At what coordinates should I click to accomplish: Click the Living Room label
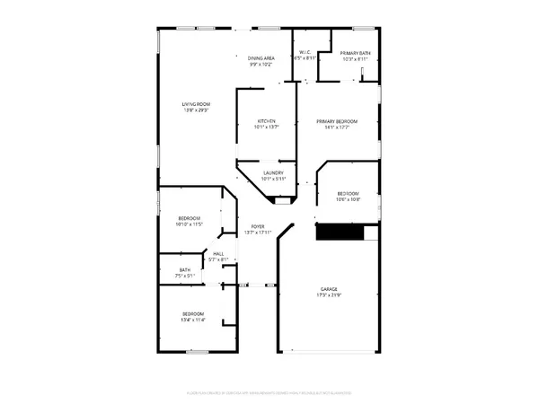coord(196,104)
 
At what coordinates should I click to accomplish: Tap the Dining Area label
coord(261,58)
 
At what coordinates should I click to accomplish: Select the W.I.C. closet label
coord(307,51)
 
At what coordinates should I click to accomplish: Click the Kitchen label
coord(266,121)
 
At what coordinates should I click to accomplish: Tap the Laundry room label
coord(273,172)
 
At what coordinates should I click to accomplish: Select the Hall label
coord(218,254)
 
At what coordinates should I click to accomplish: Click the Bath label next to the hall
coord(184,270)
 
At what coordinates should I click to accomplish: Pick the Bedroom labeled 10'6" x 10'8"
coord(348,194)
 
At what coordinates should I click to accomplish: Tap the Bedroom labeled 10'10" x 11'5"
coord(190,219)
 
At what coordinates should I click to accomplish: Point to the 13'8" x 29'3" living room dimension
coord(196,110)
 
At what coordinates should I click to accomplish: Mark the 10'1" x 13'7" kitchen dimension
coord(266,127)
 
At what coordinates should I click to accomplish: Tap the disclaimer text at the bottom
coord(269,393)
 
